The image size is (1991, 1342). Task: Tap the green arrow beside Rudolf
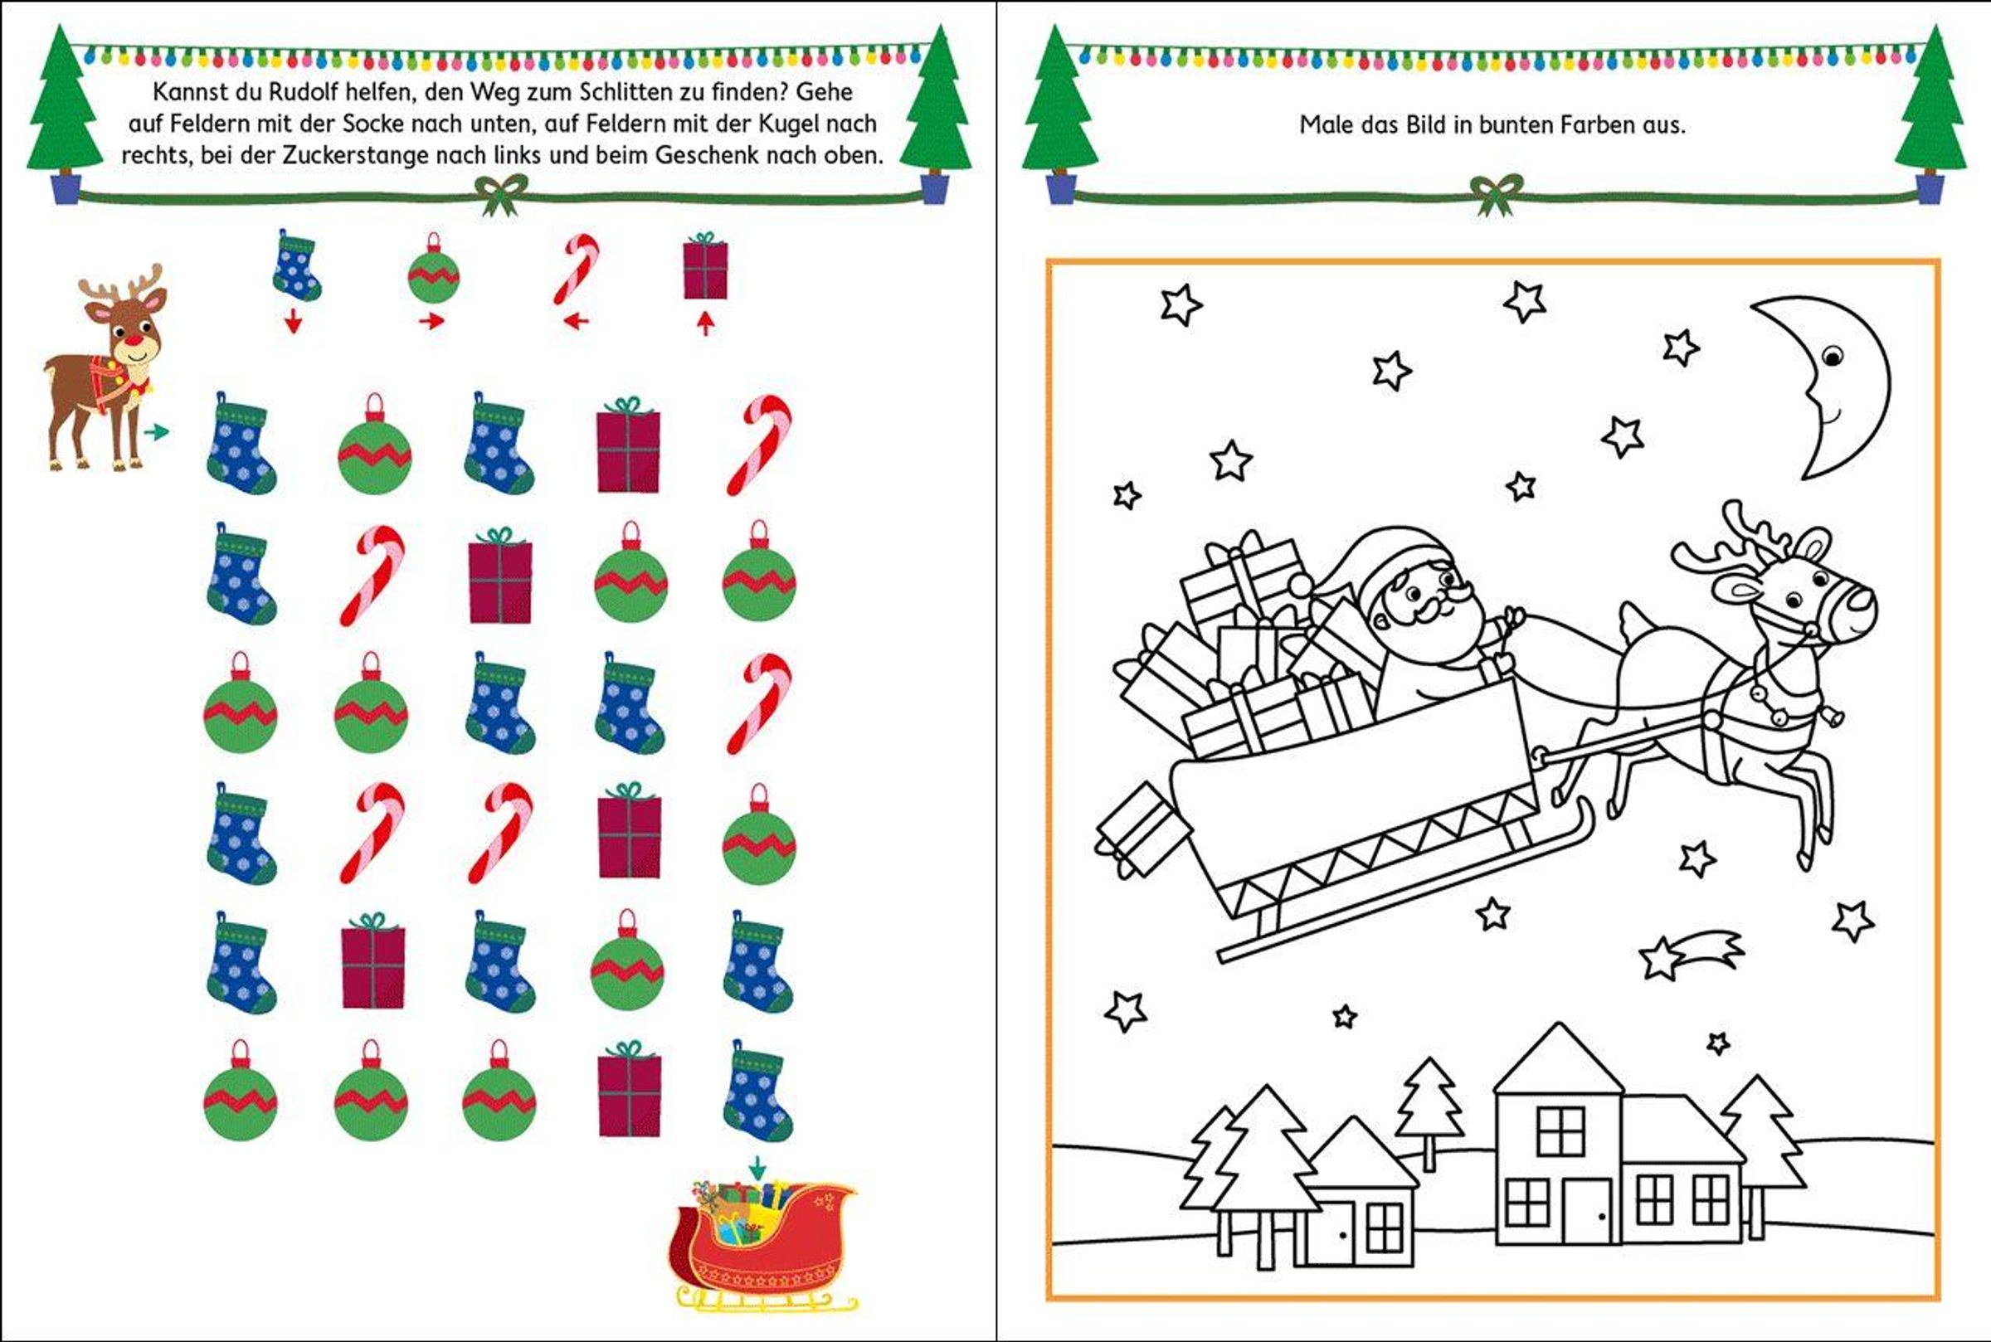(x=157, y=432)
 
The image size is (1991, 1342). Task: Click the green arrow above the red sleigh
(x=757, y=1166)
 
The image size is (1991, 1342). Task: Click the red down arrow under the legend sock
(x=294, y=321)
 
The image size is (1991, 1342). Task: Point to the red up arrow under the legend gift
(x=705, y=323)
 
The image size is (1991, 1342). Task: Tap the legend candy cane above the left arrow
(x=576, y=269)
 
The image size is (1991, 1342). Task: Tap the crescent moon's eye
(x=1832, y=355)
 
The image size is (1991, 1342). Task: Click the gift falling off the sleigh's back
(x=1142, y=829)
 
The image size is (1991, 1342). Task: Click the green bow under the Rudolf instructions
(x=502, y=194)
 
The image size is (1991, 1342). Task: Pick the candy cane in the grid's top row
(x=759, y=445)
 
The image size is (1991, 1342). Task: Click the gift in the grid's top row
(x=628, y=445)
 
